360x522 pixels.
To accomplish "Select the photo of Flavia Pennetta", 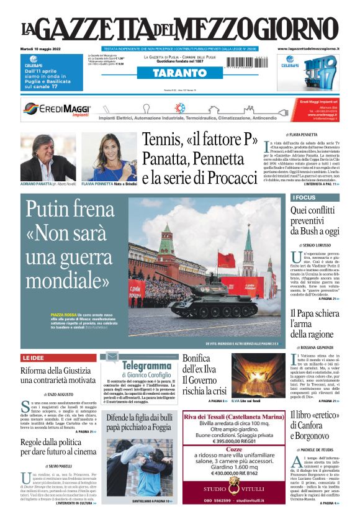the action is point(109,156).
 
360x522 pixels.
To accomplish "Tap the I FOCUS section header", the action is point(315,198).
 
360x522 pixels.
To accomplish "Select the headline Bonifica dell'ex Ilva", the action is point(204,373).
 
